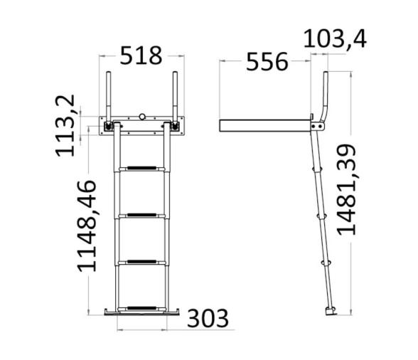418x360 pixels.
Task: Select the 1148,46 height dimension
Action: click(87, 226)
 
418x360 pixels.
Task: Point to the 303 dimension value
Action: click(208, 319)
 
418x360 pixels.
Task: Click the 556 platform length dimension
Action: click(267, 62)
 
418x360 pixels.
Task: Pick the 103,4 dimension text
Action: click(335, 38)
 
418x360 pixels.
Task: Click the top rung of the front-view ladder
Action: click(142, 169)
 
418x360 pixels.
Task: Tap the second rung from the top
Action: click(142, 214)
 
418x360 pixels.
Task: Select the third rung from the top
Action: click(142, 262)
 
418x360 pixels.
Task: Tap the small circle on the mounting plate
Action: click(143, 117)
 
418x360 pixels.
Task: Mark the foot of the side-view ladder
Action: click(328, 311)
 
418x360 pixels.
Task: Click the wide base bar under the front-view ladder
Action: click(142, 312)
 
